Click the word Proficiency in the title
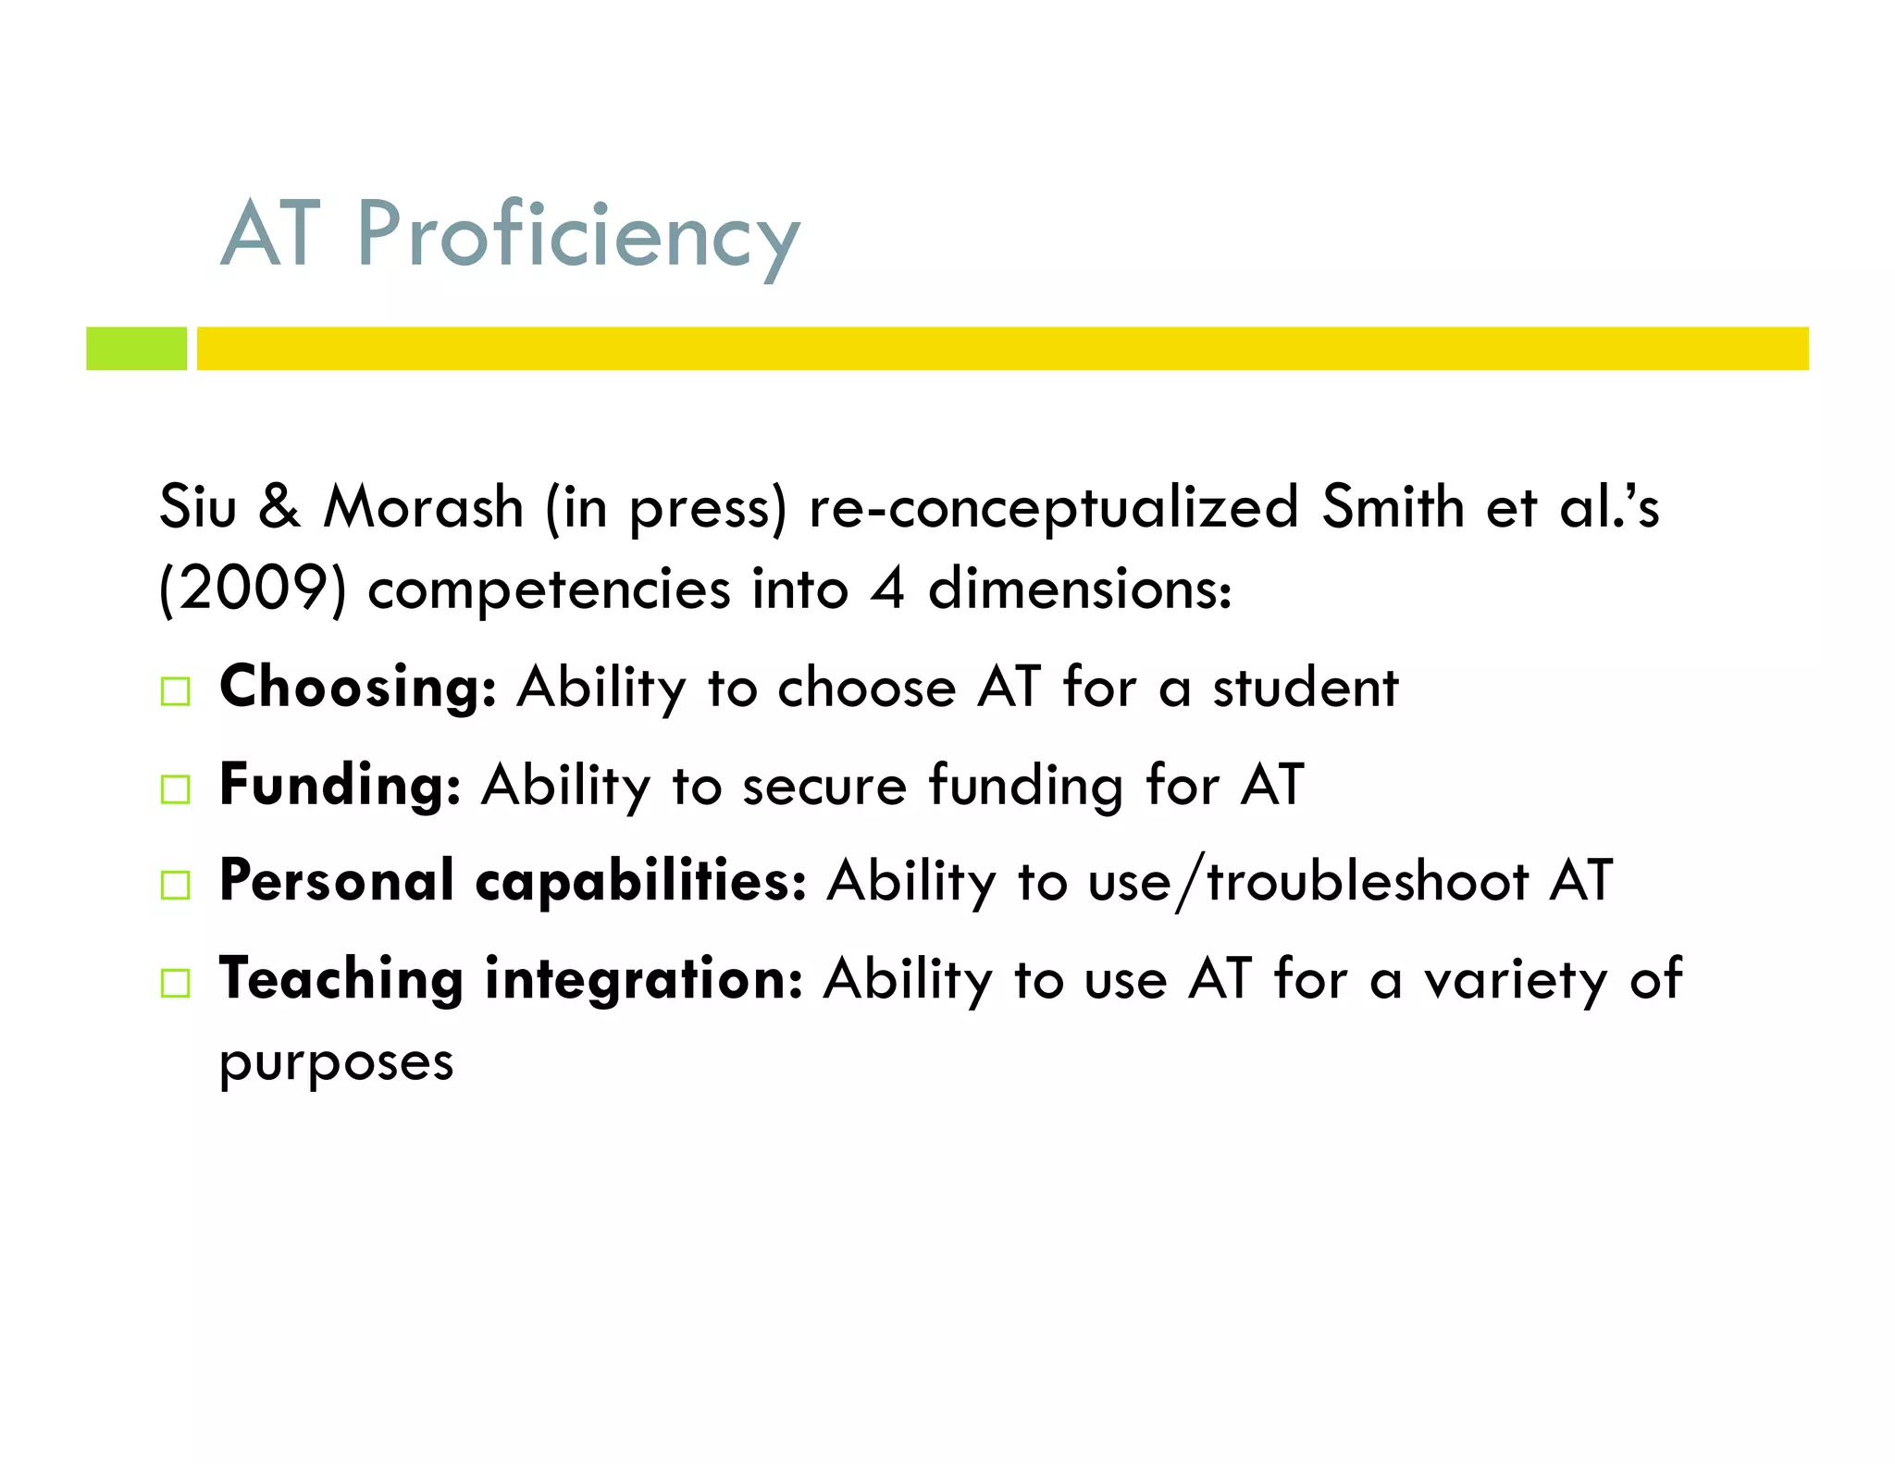(x=578, y=236)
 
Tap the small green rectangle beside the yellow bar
(x=136, y=348)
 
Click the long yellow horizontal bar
(x=1002, y=348)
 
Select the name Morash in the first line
(x=424, y=507)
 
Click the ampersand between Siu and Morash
(x=279, y=507)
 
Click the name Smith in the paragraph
(x=1393, y=507)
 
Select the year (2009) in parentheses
(x=253, y=589)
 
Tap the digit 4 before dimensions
(x=887, y=589)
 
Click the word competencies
(x=549, y=590)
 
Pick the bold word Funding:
(x=340, y=785)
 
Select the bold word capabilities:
(x=640, y=881)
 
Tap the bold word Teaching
(x=341, y=979)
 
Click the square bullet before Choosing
(x=175, y=691)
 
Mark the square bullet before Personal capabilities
(x=175, y=885)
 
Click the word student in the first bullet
(x=1306, y=688)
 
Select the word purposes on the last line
(x=336, y=1062)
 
